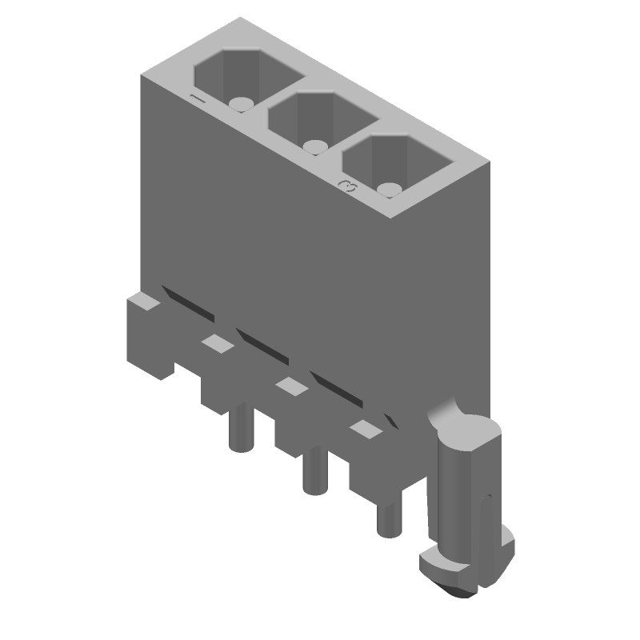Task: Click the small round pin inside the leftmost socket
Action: pos(240,104)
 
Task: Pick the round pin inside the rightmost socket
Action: pos(390,190)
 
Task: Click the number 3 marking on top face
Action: pos(348,186)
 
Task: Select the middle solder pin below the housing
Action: pos(313,472)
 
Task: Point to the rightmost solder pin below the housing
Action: pos(389,516)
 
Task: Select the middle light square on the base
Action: pos(291,386)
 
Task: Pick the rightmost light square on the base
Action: pos(366,430)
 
